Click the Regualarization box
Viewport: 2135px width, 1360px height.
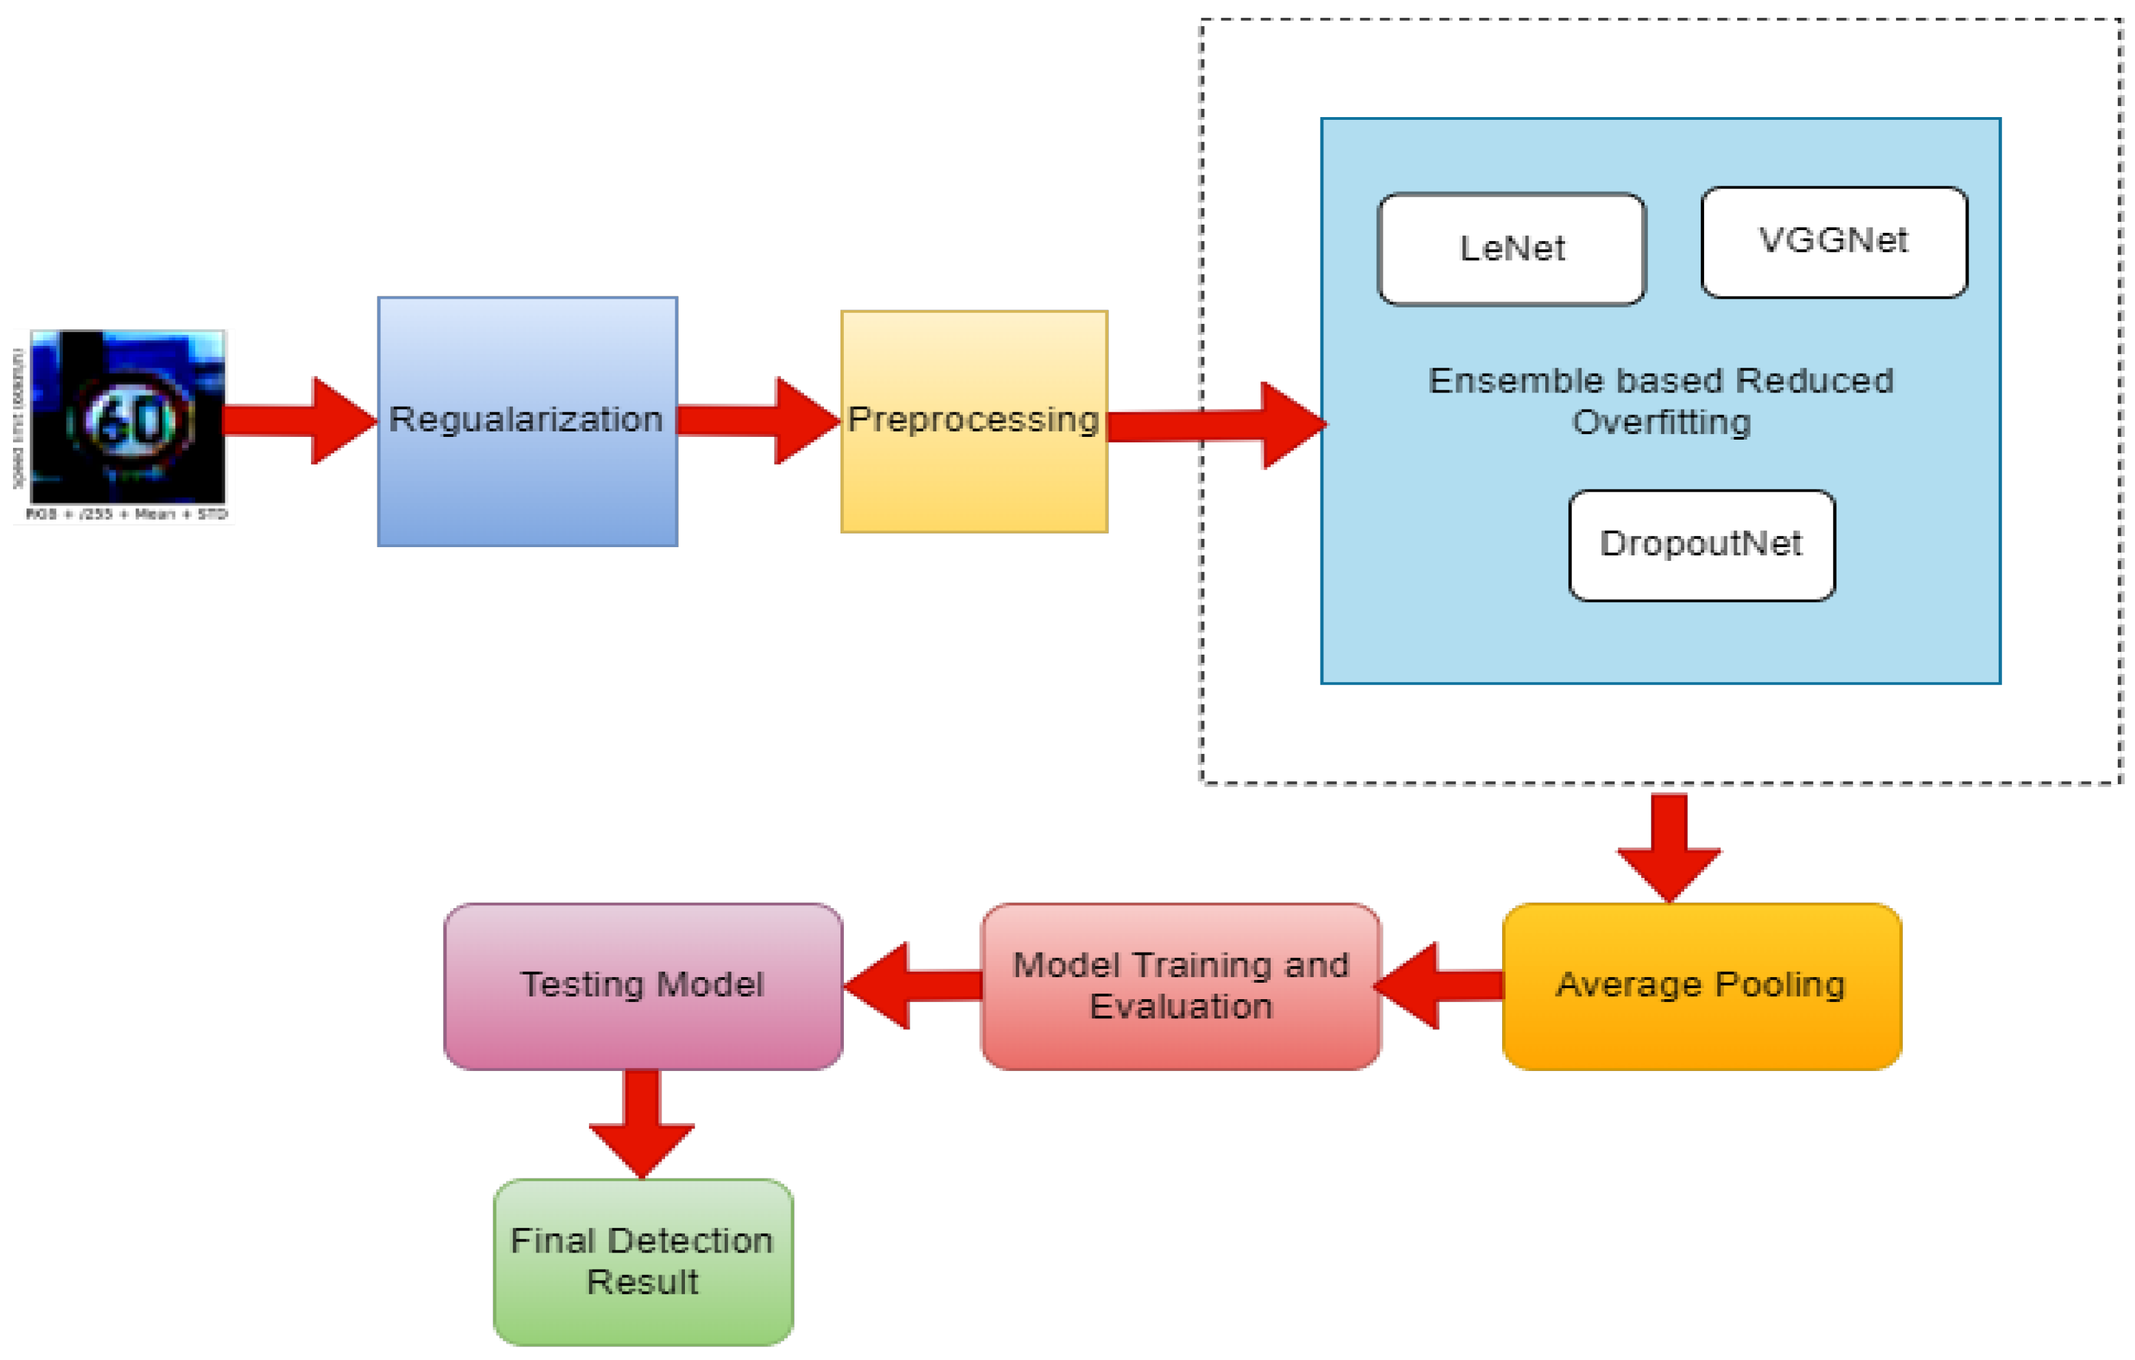point(527,421)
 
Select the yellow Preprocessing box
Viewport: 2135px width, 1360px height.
point(973,421)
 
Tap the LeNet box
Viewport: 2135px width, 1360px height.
point(1512,249)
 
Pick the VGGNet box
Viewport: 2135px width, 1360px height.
point(1834,242)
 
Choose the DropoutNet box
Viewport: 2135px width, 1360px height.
point(1701,545)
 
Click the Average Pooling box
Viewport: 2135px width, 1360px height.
point(1701,986)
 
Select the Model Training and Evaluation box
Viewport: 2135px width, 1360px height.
point(1180,986)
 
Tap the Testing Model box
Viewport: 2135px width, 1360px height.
point(642,986)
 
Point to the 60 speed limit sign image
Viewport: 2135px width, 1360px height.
point(129,416)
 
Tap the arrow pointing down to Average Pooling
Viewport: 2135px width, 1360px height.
point(1669,846)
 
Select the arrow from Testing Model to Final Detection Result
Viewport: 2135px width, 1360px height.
point(642,1122)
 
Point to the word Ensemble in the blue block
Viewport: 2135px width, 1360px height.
point(1490,381)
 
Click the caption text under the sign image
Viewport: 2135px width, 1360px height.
point(127,515)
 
